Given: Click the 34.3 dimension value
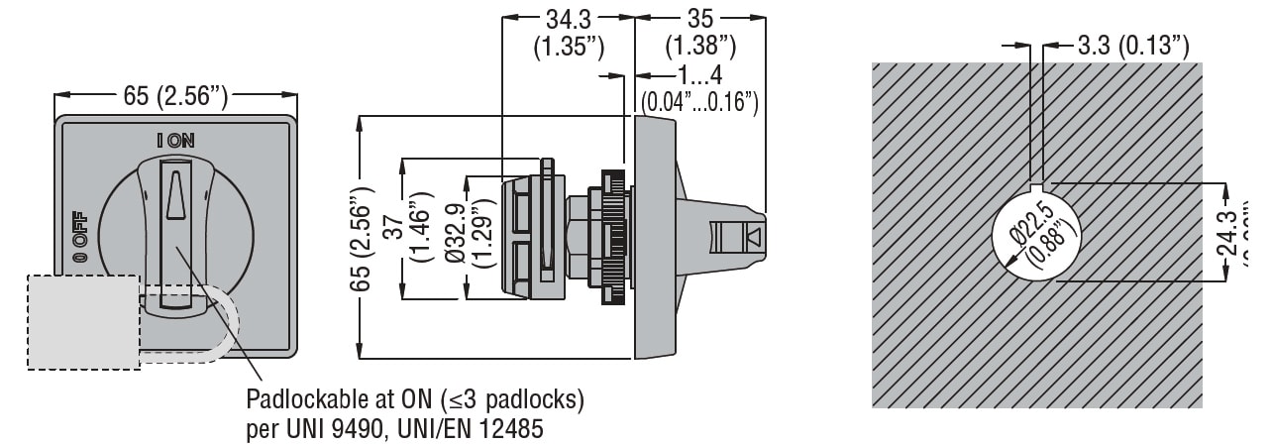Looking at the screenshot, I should coord(569,18).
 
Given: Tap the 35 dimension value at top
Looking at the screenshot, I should coord(700,18).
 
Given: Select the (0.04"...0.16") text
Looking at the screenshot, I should coord(699,101).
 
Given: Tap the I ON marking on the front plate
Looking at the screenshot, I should coord(176,141).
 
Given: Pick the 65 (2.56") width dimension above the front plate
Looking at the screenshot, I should coord(175,95).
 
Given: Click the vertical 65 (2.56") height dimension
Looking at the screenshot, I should coord(371,236).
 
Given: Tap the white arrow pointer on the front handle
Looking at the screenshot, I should coord(175,193).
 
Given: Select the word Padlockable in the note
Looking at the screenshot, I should coord(298,400).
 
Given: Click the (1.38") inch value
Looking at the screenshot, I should coord(700,46).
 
